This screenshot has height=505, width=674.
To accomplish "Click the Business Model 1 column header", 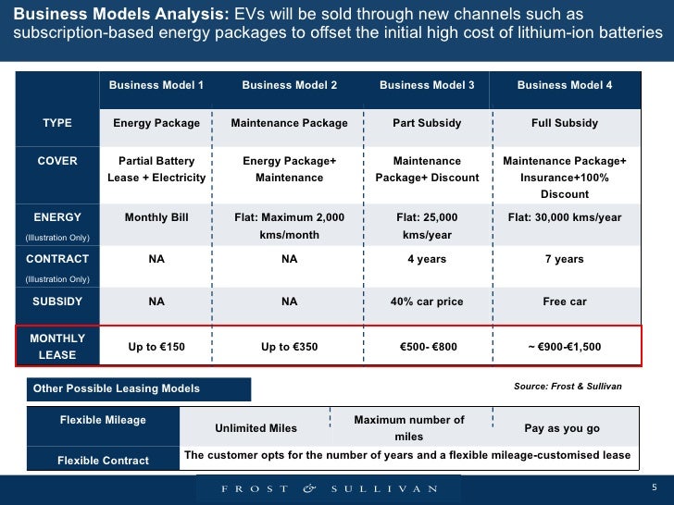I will [x=156, y=86].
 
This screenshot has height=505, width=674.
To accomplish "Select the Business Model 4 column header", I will [x=564, y=86].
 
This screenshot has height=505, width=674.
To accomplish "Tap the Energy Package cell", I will [x=156, y=123].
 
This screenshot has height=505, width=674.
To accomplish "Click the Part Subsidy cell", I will [x=427, y=123].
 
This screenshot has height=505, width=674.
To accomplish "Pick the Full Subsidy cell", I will [x=564, y=123].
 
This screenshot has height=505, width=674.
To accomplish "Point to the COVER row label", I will [x=57, y=161].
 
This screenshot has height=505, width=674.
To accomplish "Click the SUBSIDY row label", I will [x=57, y=302].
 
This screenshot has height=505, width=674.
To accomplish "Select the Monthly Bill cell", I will [x=156, y=217].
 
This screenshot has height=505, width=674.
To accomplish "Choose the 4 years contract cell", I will [x=427, y=259].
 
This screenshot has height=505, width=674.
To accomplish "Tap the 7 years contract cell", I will [x=564, y=259].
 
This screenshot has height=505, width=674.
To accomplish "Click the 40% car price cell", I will [x=427, y=302].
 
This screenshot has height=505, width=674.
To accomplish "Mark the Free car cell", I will [x=564, y=302].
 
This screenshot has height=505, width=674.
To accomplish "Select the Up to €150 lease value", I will [x=156, y=347].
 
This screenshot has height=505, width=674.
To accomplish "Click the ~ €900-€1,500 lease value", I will [x=564, y=347].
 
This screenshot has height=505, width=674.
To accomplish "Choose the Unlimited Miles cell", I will [x=256, y=428].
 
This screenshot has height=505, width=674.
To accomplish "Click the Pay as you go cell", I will [x=562, y=428].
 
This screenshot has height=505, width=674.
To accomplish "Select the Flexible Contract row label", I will [x=103, y=461].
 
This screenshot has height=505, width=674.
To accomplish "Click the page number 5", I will [x=654, y=487].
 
